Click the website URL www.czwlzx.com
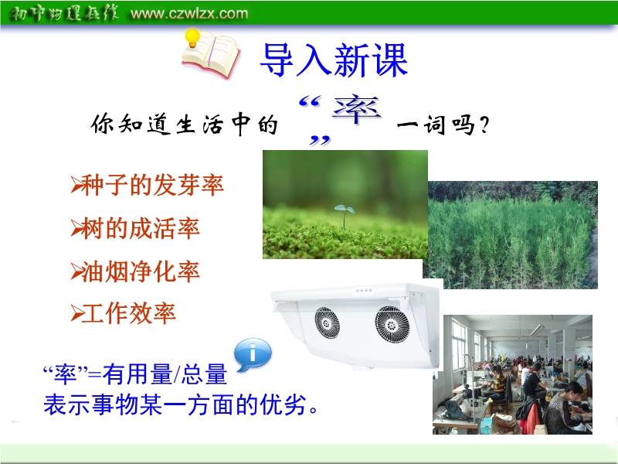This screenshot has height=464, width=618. [189, 14]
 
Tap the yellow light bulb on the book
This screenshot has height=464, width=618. [192, 37]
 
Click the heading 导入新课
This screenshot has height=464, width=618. [334, 60]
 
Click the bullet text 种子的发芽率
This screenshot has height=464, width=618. [153, 185]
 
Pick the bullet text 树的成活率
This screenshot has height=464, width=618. [141, 227]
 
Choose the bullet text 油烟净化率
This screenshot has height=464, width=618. [141, 271]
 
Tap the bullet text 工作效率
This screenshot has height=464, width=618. [129, 313]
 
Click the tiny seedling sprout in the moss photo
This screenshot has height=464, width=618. [345, 216]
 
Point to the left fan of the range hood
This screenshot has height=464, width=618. [327, 323]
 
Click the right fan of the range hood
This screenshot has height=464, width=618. [392, 324]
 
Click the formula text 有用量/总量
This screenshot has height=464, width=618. [165, 374]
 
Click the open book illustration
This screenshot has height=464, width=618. [211, 54]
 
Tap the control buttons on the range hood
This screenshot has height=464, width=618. [364, 290]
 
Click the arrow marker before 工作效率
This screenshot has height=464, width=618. [76, 314]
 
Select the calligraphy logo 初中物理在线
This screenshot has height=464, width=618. [63, 13]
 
